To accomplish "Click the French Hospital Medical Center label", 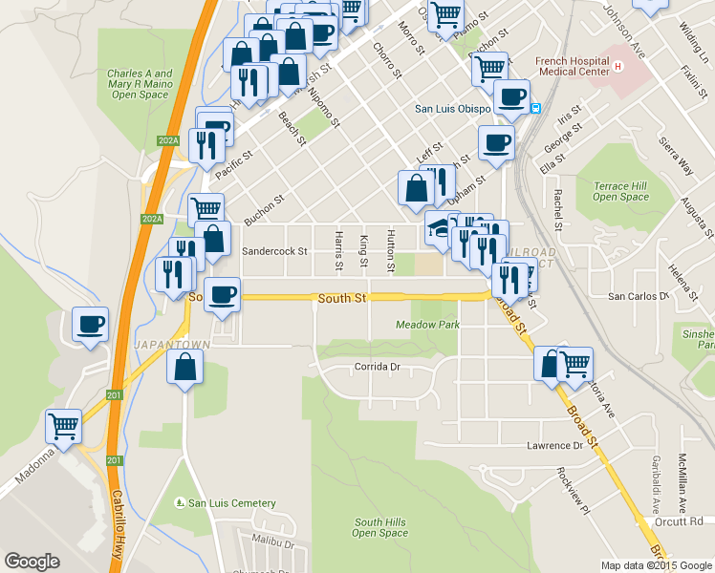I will pos(572,65).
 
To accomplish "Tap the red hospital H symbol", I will pos(618,66).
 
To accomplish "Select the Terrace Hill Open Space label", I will pos(620,191).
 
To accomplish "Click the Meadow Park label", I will pos(427,325).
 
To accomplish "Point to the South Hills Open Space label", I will pos(380,527).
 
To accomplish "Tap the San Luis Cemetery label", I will pos(231,503).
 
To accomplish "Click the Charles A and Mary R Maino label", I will pos(140,84).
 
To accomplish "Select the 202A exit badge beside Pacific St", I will pos(169,141).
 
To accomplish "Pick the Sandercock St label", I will pos(274,252).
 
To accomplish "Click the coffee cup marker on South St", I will pos(222,294).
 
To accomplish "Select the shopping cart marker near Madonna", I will pos(64,426).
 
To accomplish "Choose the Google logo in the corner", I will pos(32,562).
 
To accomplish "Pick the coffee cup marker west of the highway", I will pos(90,325).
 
